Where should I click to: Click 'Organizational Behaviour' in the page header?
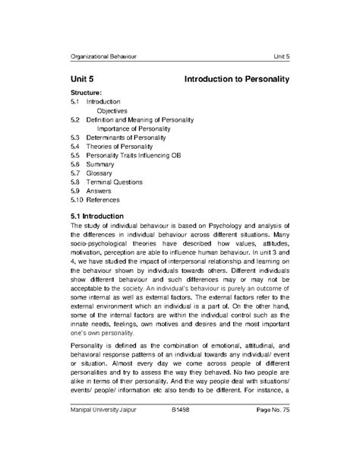[103, 58]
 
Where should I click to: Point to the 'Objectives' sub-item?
[111, 110]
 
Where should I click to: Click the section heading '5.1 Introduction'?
[101, 217]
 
